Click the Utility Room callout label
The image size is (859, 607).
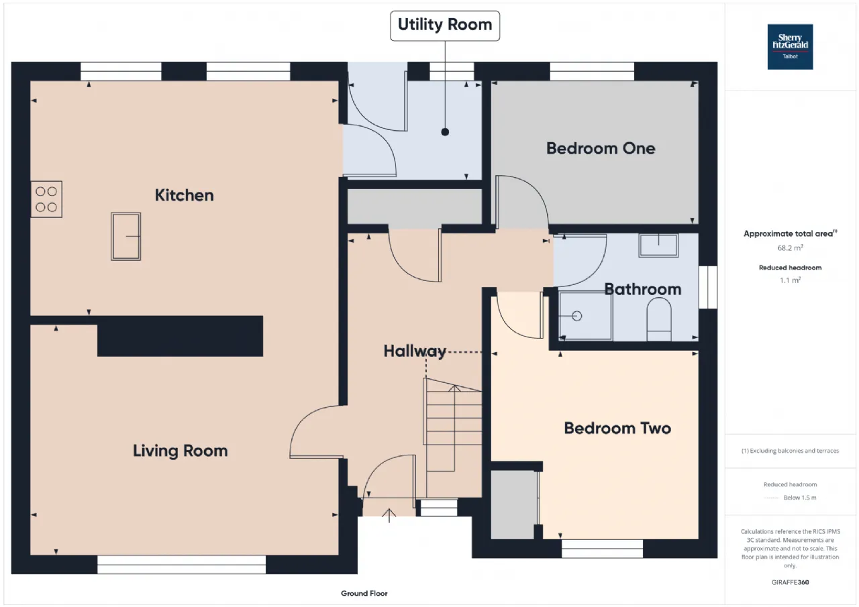445,25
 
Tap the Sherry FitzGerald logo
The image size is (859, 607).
790,47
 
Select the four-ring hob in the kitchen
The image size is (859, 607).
46,199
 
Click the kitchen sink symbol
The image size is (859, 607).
125,237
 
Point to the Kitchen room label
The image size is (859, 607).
185,195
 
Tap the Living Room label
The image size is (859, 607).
181,451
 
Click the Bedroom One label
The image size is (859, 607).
601,148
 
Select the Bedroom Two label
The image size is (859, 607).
617,428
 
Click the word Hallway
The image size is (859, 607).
415,351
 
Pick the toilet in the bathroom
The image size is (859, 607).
659,319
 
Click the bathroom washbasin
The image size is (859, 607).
658,245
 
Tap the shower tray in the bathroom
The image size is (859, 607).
585,316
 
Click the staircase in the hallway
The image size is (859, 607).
452,437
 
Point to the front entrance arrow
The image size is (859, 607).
389,515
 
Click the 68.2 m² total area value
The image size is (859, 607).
790,247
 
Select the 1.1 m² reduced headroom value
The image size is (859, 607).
790,280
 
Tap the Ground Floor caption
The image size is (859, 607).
364,593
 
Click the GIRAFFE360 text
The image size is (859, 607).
790,582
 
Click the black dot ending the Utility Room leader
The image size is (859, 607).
445,132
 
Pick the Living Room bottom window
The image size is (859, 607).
181,565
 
